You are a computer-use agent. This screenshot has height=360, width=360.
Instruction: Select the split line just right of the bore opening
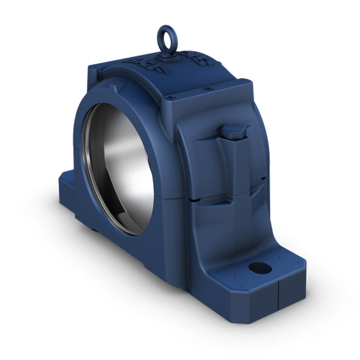point(169,198)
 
